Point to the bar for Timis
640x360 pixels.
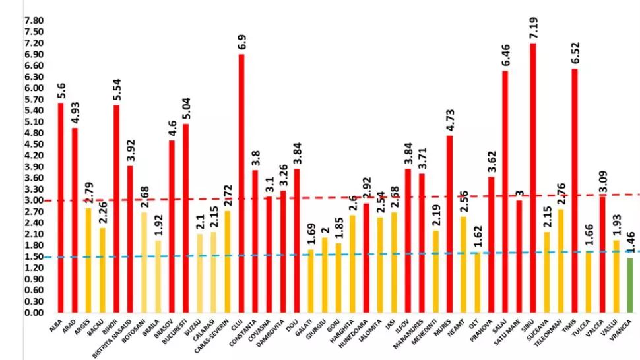point(574,191)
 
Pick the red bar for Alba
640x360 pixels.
point(61,208)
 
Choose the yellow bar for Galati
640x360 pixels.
point(311,281)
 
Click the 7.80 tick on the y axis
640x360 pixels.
point(34,20)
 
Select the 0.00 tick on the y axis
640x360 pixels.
point(34,313)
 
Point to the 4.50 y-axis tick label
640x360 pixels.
point(34,144)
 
